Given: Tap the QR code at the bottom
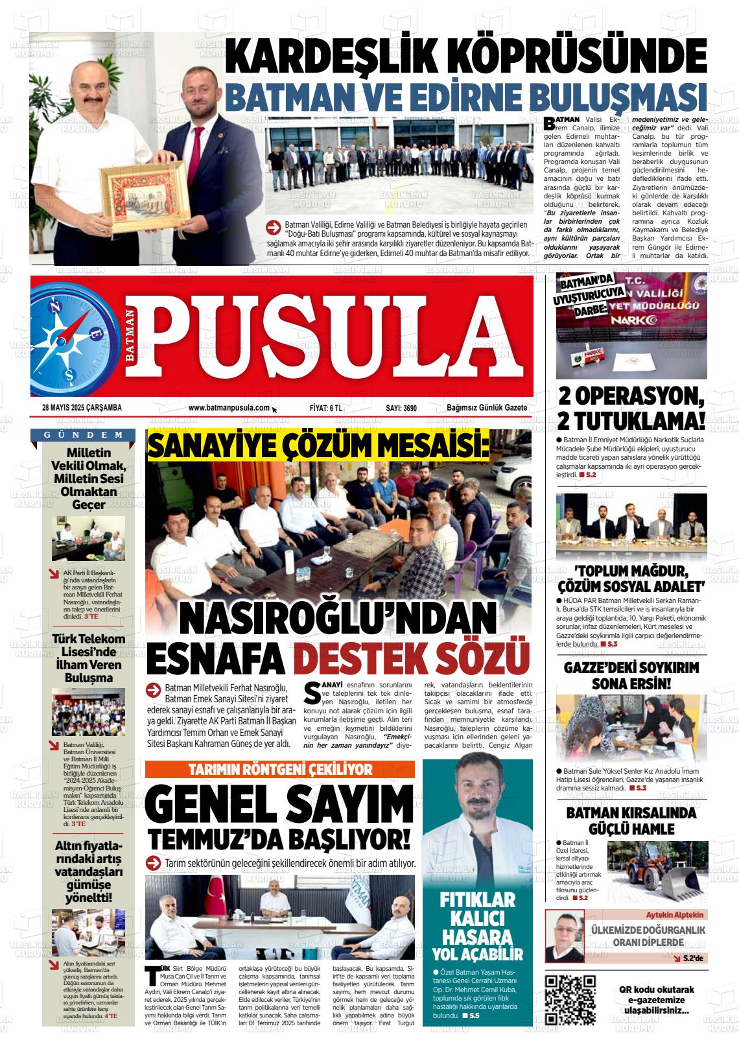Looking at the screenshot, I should (570, 999).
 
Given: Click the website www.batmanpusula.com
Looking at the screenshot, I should (229, 408).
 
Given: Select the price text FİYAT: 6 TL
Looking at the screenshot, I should (326, 408).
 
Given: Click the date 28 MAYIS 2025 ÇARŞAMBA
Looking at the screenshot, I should (82, 408).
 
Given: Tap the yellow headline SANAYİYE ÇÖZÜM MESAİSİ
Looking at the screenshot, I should (318, 445).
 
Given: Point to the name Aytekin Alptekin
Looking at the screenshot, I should (675, 914).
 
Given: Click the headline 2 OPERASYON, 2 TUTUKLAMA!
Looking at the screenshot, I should (631, 409).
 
